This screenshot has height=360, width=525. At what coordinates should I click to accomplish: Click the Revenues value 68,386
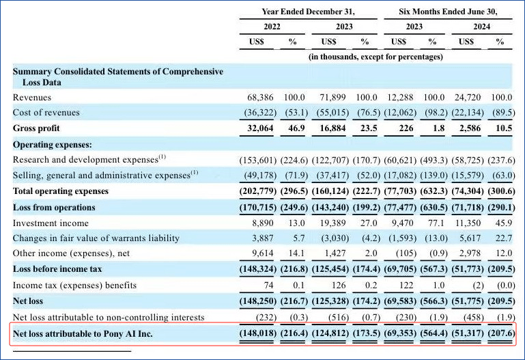click(x=260, y=98)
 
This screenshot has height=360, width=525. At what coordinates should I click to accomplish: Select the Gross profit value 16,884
click(x=332, y=128)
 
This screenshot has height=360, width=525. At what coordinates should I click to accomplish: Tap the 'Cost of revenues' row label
click(x=46, y=113)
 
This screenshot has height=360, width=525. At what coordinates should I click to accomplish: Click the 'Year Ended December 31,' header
click(x=308, y=12)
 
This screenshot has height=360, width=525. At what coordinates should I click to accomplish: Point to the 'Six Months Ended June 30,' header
click(x=448, y=12)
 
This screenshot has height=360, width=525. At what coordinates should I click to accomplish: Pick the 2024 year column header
click(x=482, y=27)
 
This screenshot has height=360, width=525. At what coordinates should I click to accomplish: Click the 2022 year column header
click(x=272, y=27)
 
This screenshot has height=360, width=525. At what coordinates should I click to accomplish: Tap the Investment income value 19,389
click(x=332, y=223)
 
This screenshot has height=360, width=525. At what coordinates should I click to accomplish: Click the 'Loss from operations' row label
click(x=54, y=208)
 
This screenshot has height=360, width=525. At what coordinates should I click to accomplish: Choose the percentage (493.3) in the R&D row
click(x=434, y=161)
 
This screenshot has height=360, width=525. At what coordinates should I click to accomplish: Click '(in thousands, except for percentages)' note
click(x=375, y=57)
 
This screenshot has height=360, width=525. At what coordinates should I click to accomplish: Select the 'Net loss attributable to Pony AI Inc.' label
click(x=83, y=334)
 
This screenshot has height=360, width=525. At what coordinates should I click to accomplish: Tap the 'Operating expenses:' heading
click(x=53, y=145)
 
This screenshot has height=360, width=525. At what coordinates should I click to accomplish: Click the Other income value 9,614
click(x=262, y=253)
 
